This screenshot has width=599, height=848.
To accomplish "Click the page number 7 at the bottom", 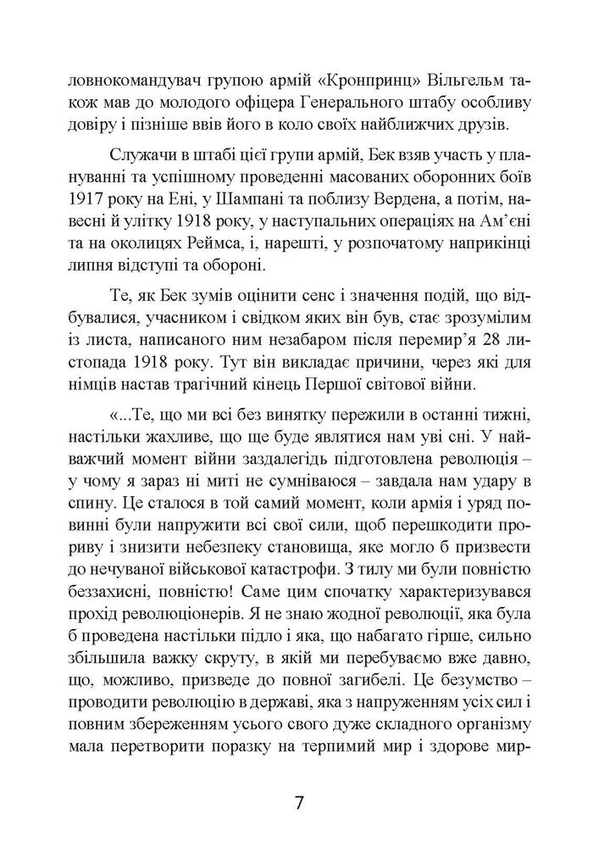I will (x=299, y=800).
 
